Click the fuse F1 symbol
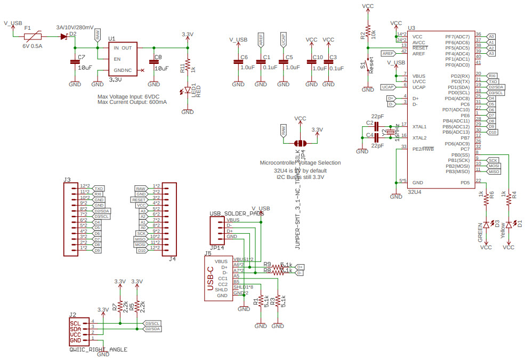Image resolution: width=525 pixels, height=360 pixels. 34,37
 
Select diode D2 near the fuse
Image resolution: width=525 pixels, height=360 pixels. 64,37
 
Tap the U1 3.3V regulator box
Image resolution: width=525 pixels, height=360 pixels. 123,59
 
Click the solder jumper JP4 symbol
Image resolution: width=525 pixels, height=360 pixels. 300,143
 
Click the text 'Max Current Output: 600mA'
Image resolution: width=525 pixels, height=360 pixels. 132,102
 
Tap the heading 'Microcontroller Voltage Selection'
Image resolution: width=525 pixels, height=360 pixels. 300,162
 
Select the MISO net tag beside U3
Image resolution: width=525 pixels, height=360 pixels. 494,171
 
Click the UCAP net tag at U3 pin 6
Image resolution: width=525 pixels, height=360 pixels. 387,87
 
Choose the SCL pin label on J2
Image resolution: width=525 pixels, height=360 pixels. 76,323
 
